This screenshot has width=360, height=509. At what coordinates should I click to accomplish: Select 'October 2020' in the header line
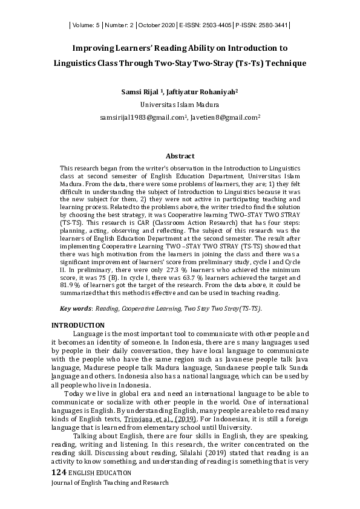pos(157,25)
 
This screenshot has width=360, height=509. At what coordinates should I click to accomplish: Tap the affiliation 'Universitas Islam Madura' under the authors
pos(180,104)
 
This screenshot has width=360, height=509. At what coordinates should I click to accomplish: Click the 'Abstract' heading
pos(180,155)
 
